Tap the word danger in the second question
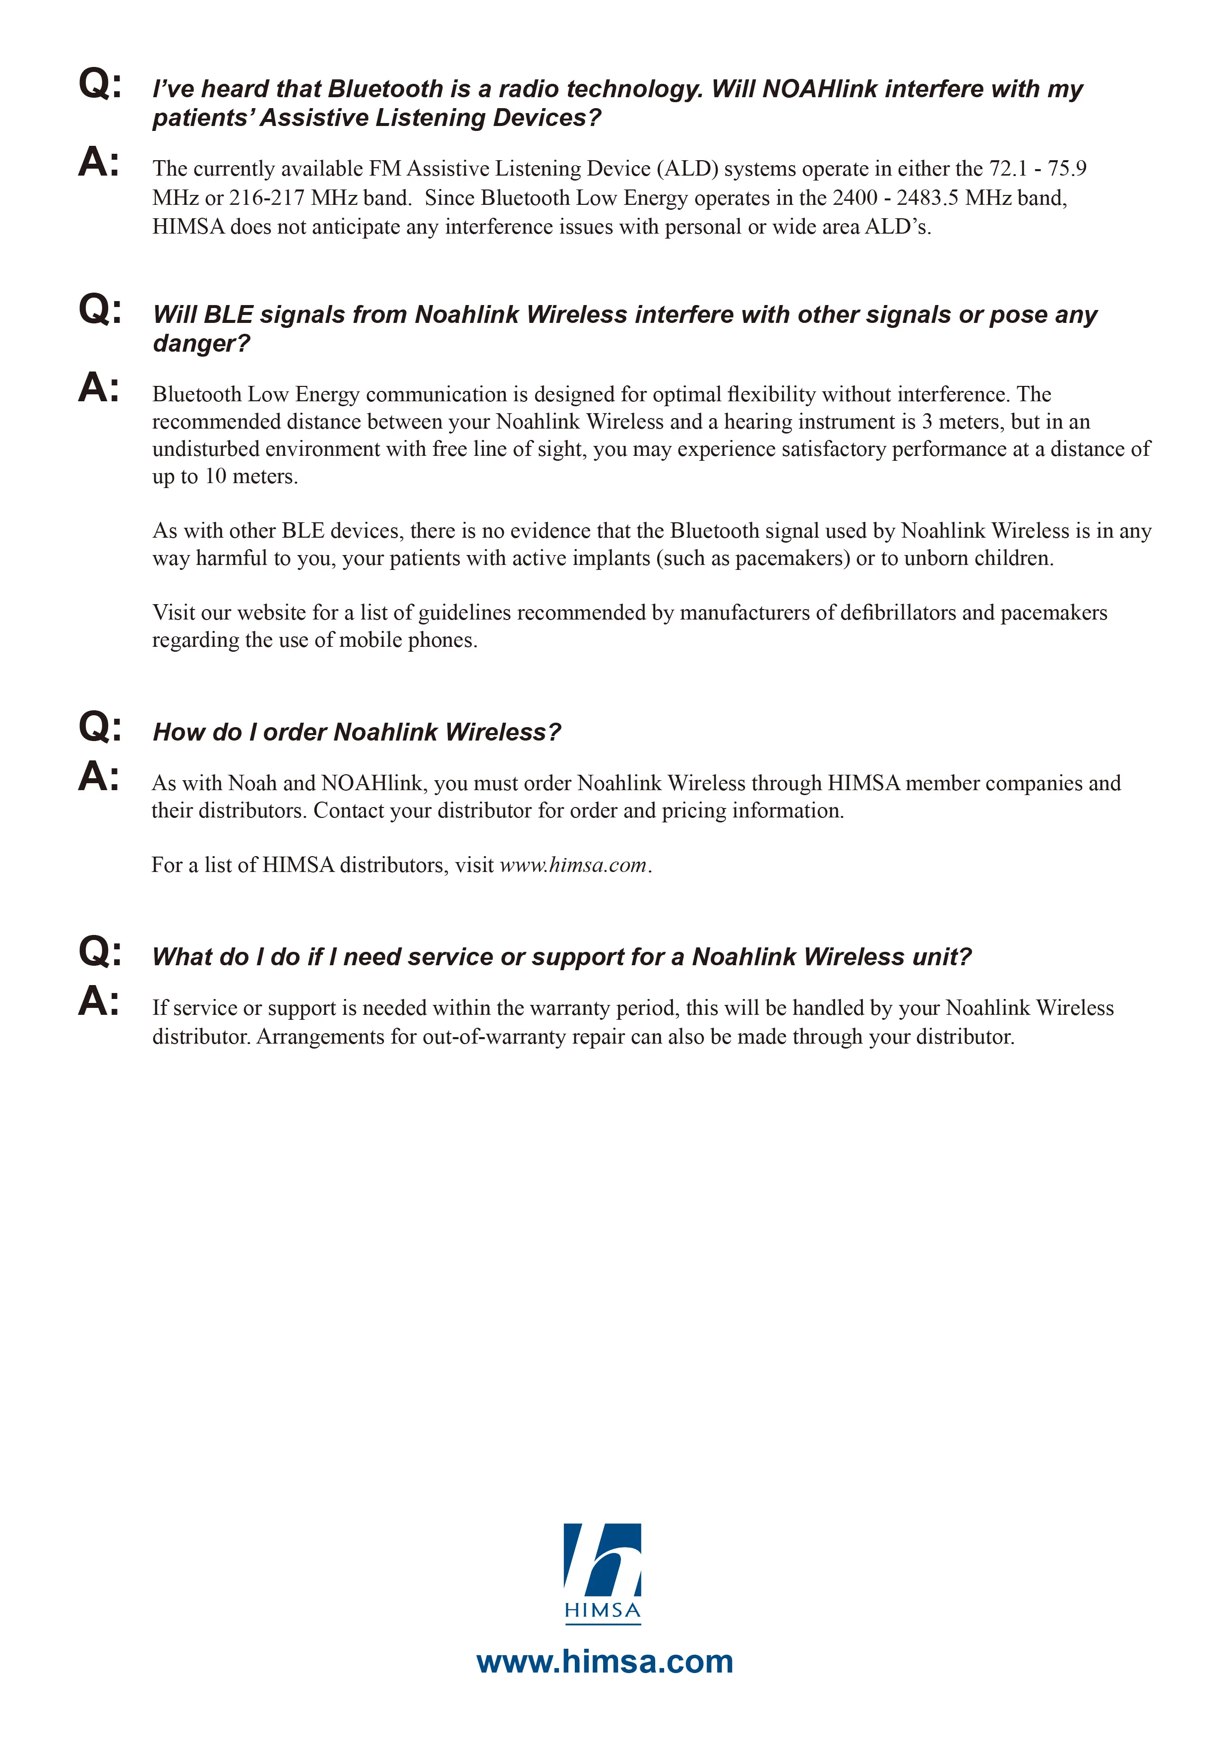pyautogui.click(x=200, y=343)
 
